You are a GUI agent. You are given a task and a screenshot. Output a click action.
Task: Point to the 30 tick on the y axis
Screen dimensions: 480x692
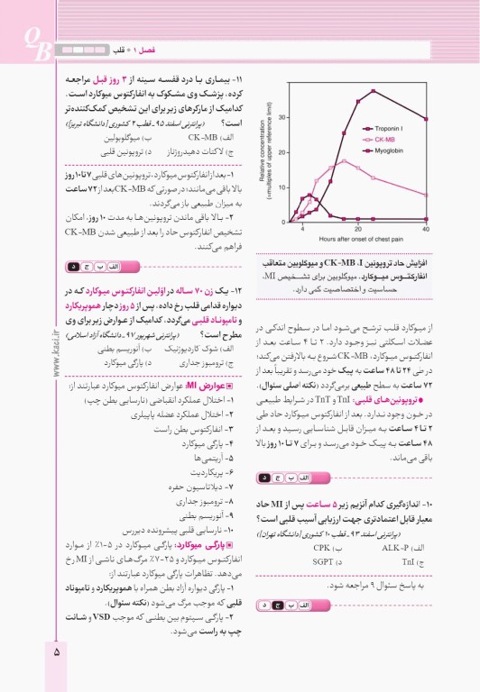282,118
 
